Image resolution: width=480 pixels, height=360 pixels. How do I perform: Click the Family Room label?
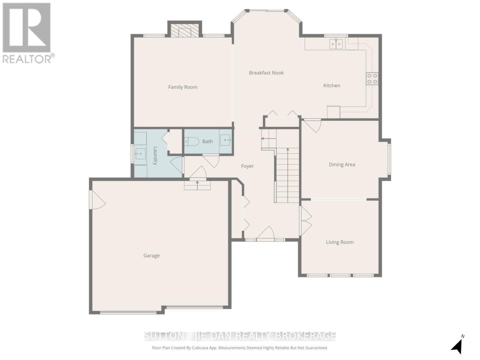point(183,87)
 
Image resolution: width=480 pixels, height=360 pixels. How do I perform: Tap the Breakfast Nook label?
point(266,73)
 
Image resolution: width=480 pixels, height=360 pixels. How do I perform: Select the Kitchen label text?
point(331,85)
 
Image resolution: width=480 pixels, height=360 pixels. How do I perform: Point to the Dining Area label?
point(342,164)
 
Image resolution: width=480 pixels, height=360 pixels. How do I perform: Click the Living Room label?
point(339,242)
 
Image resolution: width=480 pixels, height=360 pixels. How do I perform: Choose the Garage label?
point(151,255)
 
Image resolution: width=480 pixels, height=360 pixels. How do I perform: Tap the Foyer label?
point(247,166)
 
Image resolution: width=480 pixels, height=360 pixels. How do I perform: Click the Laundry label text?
point(155,156)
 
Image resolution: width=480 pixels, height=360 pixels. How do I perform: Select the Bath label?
point(207,141)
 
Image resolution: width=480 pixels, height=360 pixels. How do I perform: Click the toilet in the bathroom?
point(192,141)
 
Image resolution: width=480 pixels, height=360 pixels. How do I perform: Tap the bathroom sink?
point(225,140)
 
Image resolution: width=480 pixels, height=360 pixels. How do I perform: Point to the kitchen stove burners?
point(372,79)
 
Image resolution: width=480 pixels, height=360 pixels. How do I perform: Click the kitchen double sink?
point(336,44)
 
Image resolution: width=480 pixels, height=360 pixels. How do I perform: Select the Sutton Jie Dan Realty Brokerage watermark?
point(240,336)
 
